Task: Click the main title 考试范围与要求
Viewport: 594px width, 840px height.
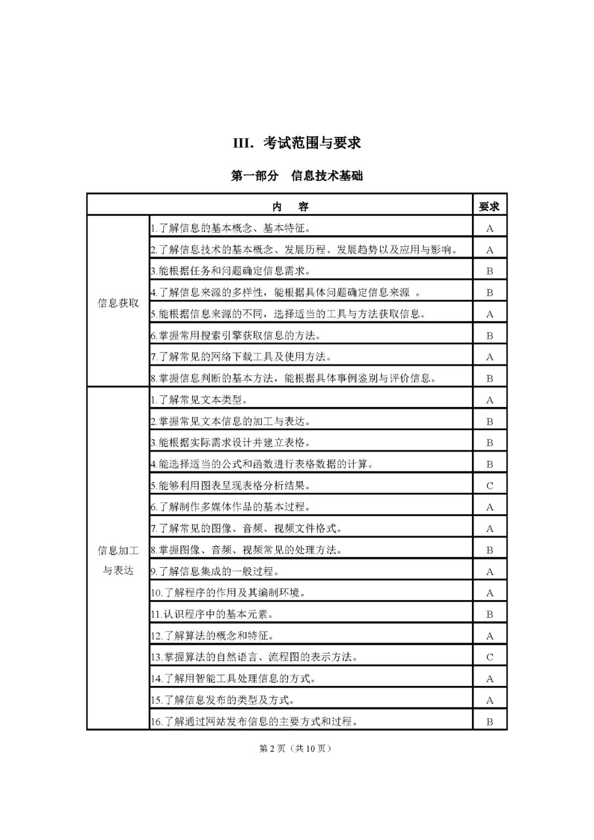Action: click(x=297, y=142)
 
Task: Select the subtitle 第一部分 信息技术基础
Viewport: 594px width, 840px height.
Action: click(x=297, y=176)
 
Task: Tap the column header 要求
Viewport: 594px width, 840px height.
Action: click(x=490, y=207)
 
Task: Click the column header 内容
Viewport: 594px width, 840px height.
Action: click(x=291, y=207)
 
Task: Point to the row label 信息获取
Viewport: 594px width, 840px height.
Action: click(x=118, y=303)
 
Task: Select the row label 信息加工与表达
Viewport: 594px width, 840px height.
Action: click(x=118, y=560)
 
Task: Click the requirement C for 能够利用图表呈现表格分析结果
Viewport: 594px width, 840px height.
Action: click(x=490, y=486)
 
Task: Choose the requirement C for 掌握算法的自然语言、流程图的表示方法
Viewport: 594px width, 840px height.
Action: click(x=490, y=657)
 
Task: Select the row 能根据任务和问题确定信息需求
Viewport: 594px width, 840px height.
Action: click(x=230, y=271)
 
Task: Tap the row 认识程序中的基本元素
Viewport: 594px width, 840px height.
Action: click(x=212, y=614)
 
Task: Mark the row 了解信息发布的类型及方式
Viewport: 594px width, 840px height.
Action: click(x=222, y=700)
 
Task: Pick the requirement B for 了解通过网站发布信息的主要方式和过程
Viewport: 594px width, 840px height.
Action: click(x=490, y=722)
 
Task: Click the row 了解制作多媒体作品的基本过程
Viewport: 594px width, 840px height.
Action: click(x=230, y=507)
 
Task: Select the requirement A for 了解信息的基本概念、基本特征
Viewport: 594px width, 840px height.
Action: click(x=490, y=228)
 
